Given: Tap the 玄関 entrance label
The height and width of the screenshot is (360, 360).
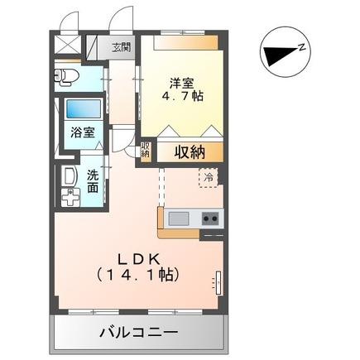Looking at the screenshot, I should pos(122,47).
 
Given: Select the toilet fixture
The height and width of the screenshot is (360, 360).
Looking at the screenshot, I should pos(67,78).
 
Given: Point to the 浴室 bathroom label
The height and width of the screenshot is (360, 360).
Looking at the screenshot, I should pos(81,132).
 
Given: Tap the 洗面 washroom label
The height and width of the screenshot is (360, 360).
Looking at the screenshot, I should pos(93,181).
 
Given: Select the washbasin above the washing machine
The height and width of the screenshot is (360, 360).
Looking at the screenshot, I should pos(65,175).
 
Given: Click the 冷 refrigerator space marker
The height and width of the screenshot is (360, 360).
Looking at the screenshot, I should pos(209,177).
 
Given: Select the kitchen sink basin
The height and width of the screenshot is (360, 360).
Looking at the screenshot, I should pos(179,219).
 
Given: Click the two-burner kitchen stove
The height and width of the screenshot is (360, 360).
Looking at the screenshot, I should pos(210,219).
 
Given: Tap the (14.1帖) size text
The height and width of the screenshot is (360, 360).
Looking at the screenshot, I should pos(137,271).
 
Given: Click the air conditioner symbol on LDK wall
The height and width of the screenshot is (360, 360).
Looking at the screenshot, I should pos(218,282).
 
